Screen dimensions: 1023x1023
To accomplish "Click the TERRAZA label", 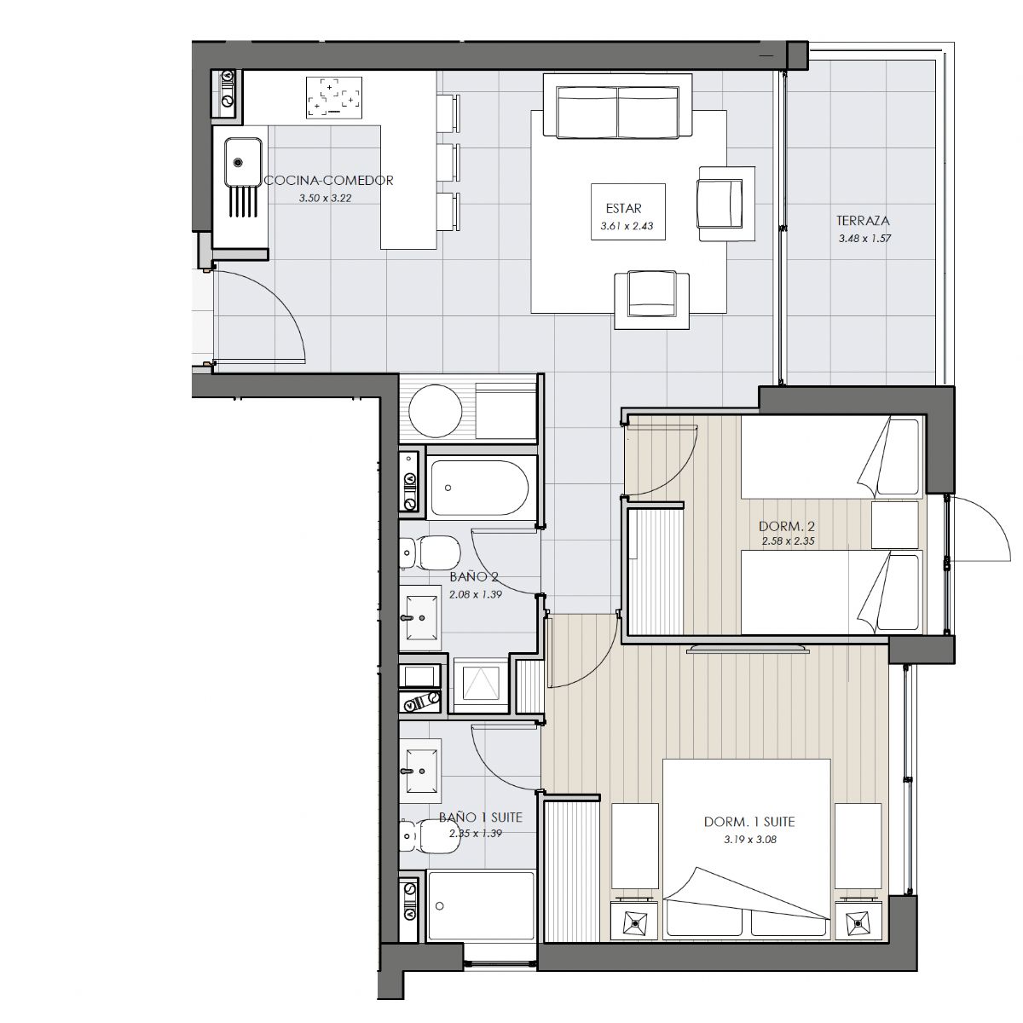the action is click(863, 220).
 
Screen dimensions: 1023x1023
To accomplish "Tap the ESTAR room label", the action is click(623, 208).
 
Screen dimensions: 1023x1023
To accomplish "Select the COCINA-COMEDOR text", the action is click(328, 181).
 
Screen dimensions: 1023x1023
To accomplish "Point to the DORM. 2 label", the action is click(786, 526).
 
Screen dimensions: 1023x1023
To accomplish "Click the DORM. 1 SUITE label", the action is click(749, 822).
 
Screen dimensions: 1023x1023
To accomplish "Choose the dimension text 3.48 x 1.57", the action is click(864, 239).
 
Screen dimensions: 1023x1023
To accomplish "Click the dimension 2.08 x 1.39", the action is click(475, 594).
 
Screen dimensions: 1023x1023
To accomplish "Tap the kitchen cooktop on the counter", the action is click(334, 97).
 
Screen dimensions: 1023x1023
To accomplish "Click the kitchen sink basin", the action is click(243, 161).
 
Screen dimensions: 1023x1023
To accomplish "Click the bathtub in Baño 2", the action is click(479, 488).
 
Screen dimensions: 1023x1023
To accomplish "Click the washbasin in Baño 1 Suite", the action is click(423, 771).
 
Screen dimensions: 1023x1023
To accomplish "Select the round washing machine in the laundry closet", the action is click(436, 411).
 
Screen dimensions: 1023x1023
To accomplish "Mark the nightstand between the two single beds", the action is click(895, 525).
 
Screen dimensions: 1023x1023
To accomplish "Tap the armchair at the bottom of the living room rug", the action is click(652, 300).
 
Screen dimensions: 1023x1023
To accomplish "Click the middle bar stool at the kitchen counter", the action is click(448, 164).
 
